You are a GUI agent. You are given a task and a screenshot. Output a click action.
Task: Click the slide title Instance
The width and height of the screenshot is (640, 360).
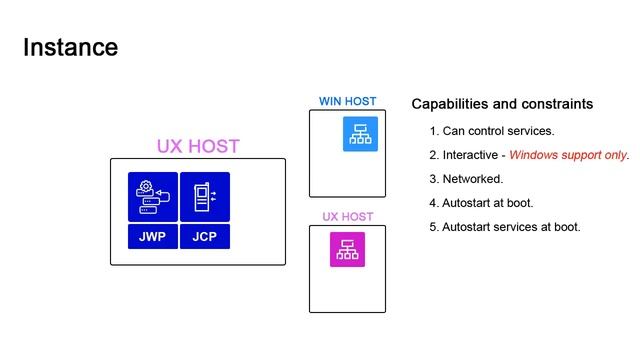pos(70,47)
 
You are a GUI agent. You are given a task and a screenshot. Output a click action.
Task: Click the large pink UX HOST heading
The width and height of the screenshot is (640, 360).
pos(198,146)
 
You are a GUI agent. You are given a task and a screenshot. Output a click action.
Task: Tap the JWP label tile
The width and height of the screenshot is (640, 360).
pos(152,237)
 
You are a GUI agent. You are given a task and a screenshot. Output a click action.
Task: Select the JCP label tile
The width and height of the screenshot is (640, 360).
pos(205,237)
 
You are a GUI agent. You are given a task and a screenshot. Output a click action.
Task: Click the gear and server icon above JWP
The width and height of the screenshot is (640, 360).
pos(152,197)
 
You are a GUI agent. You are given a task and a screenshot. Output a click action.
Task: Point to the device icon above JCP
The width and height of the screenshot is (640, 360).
pos(205,196)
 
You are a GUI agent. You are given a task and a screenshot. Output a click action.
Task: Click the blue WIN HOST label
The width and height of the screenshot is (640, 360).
pos(347,101)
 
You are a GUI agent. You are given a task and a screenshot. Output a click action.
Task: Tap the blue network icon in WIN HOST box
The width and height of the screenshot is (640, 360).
pos(360,135)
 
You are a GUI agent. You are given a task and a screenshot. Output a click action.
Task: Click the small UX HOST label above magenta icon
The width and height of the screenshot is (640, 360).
pos(347,217)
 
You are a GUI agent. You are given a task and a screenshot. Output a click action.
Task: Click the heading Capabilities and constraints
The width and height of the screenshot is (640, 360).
pos(502,104)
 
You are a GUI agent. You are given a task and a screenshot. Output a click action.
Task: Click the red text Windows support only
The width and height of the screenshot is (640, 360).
pos(569,155)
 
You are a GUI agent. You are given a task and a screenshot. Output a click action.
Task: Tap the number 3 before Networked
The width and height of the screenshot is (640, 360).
pos(434,179)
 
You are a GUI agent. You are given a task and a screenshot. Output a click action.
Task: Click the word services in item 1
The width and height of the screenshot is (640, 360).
pos(531,131)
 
